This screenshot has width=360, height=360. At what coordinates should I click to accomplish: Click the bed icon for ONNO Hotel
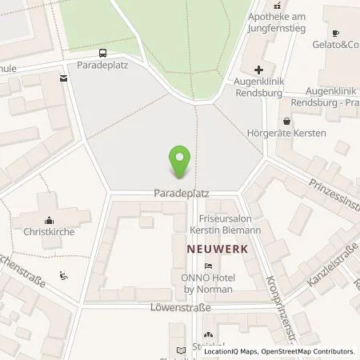[x=209, y=266]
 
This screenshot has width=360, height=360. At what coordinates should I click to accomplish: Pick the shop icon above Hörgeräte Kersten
[x=286, y=122]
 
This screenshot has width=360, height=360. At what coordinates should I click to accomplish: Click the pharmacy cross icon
[x=258, y=70]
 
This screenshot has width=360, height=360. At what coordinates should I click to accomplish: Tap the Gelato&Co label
[x=334, y=46]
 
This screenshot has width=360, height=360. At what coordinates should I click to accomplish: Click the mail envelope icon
[x=62, y=78]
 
